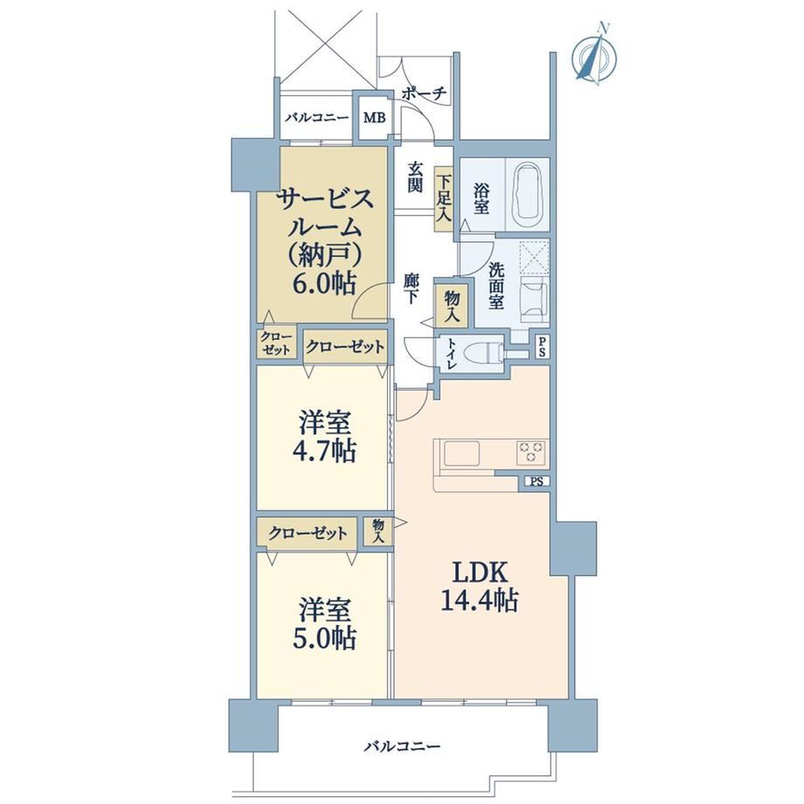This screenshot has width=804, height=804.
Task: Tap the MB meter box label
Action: tap(374, 118)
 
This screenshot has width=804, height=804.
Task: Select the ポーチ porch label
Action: tap(424, 94)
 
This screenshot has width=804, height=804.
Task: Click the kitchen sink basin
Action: tap(461, 454)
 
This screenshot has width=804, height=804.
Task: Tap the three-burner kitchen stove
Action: tap(531, 452)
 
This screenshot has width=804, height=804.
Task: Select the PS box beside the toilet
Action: tap(543, 348)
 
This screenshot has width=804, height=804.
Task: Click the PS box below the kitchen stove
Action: tap(537, 482)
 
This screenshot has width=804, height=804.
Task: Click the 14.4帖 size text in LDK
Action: tap(479, 600)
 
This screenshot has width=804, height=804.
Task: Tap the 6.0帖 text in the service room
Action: tap(323, 282)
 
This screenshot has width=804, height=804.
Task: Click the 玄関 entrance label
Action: tap(415, 177)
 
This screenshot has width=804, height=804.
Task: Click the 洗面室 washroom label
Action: tap(496, 286)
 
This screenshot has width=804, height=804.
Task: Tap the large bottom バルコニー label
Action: tap(402, 745)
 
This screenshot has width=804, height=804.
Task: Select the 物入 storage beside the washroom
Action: tap(452, 307)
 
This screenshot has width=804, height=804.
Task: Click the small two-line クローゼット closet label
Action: tap(277, 343)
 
